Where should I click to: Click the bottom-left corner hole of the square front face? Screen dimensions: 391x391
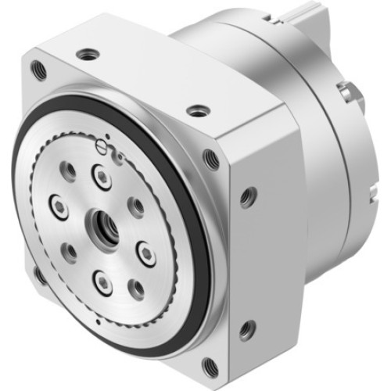40,274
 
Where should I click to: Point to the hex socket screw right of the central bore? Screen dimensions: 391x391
146,252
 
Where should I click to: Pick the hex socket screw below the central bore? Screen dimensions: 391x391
104,282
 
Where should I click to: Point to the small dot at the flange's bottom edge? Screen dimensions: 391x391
95,322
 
